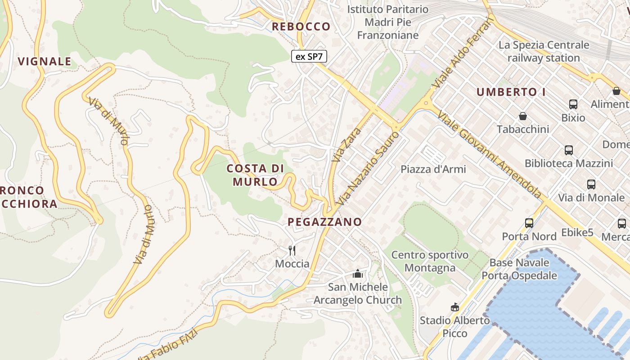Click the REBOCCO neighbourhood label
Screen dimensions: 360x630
click(301, 27)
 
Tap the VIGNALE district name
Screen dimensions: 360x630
click(45, 62)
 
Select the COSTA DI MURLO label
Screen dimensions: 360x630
click(255, 175)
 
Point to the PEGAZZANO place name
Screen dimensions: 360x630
click(324, 222)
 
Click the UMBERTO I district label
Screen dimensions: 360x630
click(511, 92)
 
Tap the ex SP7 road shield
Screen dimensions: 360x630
click(309, 57)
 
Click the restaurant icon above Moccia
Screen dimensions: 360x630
click(292, 250)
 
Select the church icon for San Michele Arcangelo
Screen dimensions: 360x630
click(357, 274)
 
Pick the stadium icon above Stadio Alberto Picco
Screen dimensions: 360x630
click(454, 307)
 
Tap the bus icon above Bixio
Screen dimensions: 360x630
click(573, 104)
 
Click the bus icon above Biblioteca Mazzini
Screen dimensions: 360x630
click(568, 150)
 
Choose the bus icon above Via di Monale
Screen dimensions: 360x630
click(591, 184)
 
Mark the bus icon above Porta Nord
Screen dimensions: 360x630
click(529, 223)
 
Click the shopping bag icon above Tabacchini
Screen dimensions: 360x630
click(523, 117)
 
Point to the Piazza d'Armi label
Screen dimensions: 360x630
click(433, 169)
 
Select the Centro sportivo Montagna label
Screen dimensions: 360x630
click(430, 261)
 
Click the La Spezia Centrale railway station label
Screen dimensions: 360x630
click(544, 51)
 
